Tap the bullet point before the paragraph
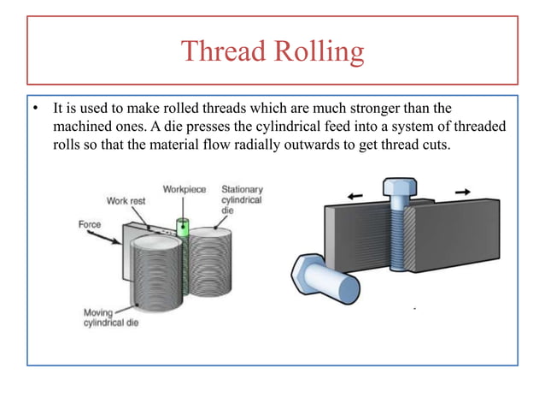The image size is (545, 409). pos(36,110)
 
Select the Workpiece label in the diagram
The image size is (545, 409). pos(184,188)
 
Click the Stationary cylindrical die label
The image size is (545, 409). pos(242,199)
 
